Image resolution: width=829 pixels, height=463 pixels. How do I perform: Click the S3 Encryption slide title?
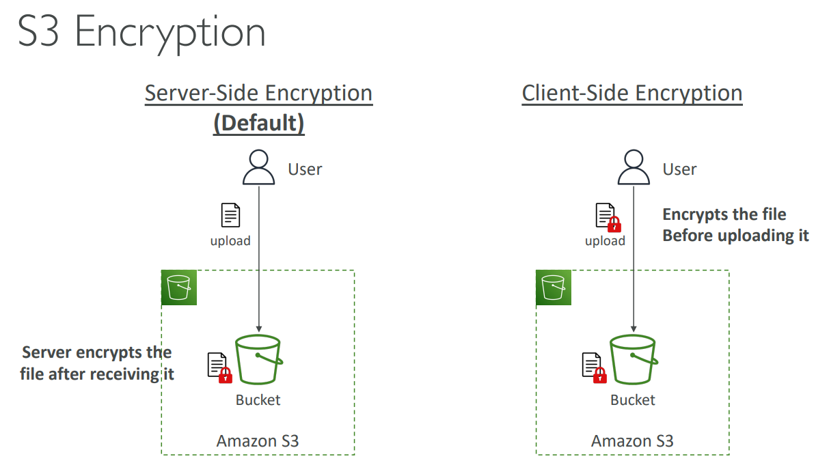141,31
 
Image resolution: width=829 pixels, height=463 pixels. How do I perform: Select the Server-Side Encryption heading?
258,93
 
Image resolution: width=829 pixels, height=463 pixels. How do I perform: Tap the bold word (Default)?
258,123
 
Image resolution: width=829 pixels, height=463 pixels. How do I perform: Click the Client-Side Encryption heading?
632,93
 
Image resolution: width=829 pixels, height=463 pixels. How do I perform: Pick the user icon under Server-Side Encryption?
259,168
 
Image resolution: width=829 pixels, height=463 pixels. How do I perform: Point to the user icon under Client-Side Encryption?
634,168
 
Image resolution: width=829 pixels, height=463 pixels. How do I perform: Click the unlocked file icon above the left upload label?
230,216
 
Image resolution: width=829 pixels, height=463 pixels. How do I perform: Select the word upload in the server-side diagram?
230,241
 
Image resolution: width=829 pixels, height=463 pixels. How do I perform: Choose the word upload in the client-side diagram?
605,241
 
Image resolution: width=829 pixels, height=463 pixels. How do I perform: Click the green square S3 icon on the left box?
179,287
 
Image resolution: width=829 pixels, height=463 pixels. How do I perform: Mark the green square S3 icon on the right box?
554,287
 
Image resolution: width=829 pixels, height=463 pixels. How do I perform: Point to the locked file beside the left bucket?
219,367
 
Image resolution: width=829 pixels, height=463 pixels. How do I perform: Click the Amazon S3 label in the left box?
258,441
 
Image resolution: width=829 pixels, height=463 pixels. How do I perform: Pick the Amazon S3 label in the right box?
632,441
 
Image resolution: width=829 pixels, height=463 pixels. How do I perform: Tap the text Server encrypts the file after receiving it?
97,363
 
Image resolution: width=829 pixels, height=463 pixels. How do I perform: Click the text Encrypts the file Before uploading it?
735,225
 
